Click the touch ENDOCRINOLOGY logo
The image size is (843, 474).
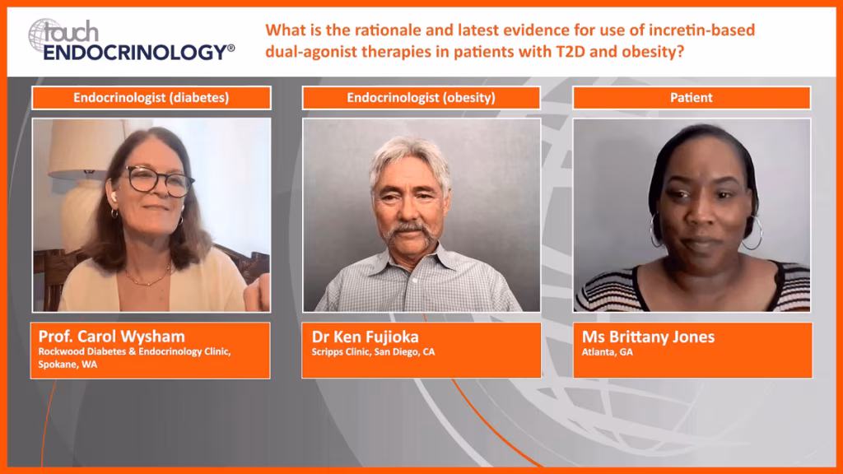coord(131,39)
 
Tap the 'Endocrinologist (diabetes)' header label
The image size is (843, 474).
coord(151,98)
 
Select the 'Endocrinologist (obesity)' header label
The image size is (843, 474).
coord(421,98)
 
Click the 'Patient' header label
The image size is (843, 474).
coord(692,98)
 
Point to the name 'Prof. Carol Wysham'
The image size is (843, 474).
coord(111,337)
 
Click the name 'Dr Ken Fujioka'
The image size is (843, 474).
coord(365,337)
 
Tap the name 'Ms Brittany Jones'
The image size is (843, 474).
coord(649,337)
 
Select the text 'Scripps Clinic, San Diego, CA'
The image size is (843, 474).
coord(373,352)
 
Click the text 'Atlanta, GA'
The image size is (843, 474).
coord(607,352)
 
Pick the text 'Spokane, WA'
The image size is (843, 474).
coord(68,365)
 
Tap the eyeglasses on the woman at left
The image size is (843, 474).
coord(160,181)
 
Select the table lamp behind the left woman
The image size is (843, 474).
coord(84,183)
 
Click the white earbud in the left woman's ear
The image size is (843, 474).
coord(114,197)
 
